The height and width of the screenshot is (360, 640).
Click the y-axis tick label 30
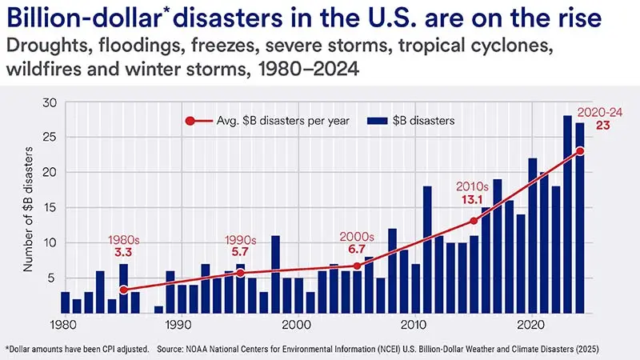pyautogui.click(x=50, y=102)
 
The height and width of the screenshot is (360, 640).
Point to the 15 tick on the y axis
pyautogui.click(x=50, y=207)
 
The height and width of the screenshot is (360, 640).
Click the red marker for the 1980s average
pyautogui.click(x=123, y=290)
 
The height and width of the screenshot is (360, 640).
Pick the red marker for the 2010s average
pyautogui.click(x=474, y=221)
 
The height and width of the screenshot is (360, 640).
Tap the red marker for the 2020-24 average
pyautogui.click(x=580, y=151)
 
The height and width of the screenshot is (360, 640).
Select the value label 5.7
pyautogui.click(x=240, y=254)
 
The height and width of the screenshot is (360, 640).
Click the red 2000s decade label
pyautogui.click(x=355, y=238)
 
